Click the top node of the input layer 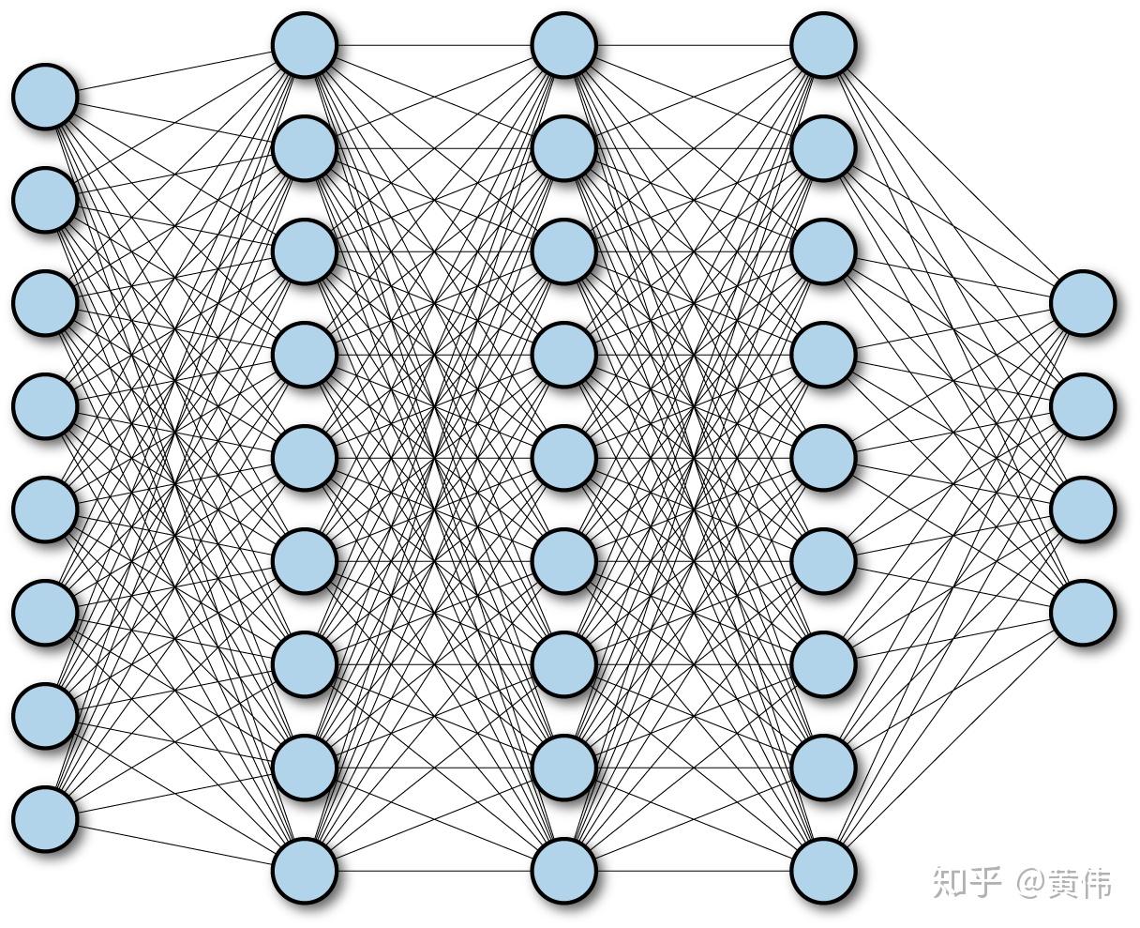(x=44, y=96)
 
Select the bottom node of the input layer (x=44, y=818)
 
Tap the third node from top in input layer (x=44, y=302)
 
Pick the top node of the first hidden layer (x=304, y=44)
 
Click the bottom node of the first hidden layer (x=304, y=870)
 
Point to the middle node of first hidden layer (x=304, y=457)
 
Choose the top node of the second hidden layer (x=563, y=44)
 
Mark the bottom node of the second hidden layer (x=563, y=870)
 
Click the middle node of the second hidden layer (x=563, y=457)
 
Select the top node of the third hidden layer (x=823, y=44)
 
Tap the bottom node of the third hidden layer (x=823, y=870)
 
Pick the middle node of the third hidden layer (x=823, y=457)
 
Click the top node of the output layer (x=1083, y=302)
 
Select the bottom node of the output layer (x=1083, y=612)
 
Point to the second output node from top (x=1083, y=405)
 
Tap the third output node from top (x=1083, y=509)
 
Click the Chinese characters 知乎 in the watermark (x=967, y=883)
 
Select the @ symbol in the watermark (x=1034, y=883)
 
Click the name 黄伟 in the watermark (x=1081, y=883)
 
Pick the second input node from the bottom (x=44, y=715)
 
